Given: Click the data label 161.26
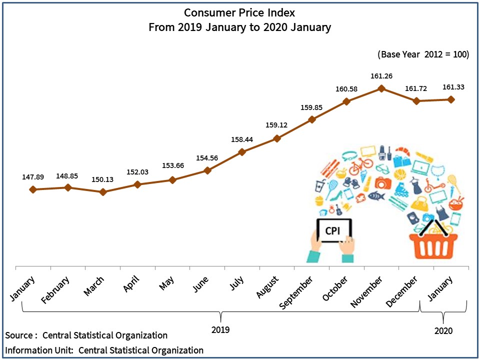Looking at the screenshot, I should click(x=381, y=76).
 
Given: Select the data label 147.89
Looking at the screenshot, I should click(x=33, y=177).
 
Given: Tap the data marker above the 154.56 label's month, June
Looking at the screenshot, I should click(x=207, y=170).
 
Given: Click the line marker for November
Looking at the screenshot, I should click(x=381, y=88).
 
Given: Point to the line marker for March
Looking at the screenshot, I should click(x=103, y=191).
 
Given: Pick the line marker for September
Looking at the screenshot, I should click(x=312, y=119).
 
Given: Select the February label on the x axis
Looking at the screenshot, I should click(x=56, y=289).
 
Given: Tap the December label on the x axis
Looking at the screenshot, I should click(x=402, y=291).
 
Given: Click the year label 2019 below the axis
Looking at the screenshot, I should click(x=220, y=330).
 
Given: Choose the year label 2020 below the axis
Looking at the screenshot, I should click(x=443, y=330).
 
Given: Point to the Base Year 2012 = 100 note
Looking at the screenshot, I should click(x=423, y=54).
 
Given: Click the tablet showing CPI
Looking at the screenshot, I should click(x=333, y=231).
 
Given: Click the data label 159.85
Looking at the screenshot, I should click(x=312, y=107).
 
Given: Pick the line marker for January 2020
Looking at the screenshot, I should click(x=451, y=99).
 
